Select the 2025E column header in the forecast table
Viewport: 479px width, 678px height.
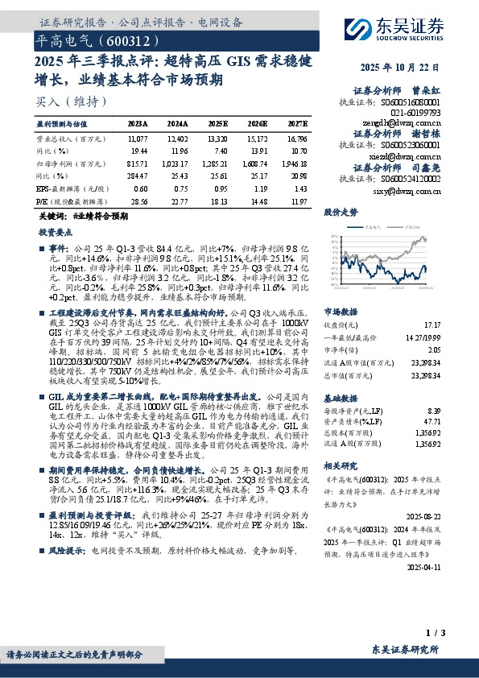point(217,124)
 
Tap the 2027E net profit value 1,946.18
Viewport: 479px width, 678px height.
point(296,163)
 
